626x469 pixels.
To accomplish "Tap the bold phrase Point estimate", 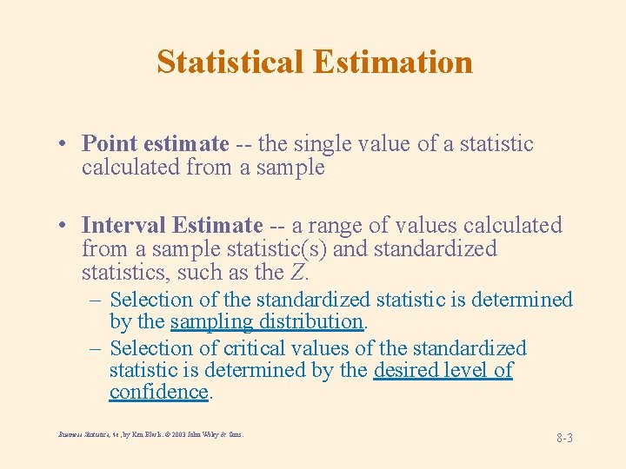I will pyautogui.click(x=155, y=144).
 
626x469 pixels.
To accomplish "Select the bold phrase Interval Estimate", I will pyautogui.click(x=171, y=226).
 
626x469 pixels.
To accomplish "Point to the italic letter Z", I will pyautogui.click(x=298, y=273).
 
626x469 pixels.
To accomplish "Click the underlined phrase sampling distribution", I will pyautogui.click(x=266, y=321).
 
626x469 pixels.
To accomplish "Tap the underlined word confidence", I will pyautogui.click(x=158, y=392).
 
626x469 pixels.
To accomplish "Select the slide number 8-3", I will pyautogui.click(x=564, y=438).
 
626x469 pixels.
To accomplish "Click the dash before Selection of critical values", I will pyautogui.click(x=96, y=348).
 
